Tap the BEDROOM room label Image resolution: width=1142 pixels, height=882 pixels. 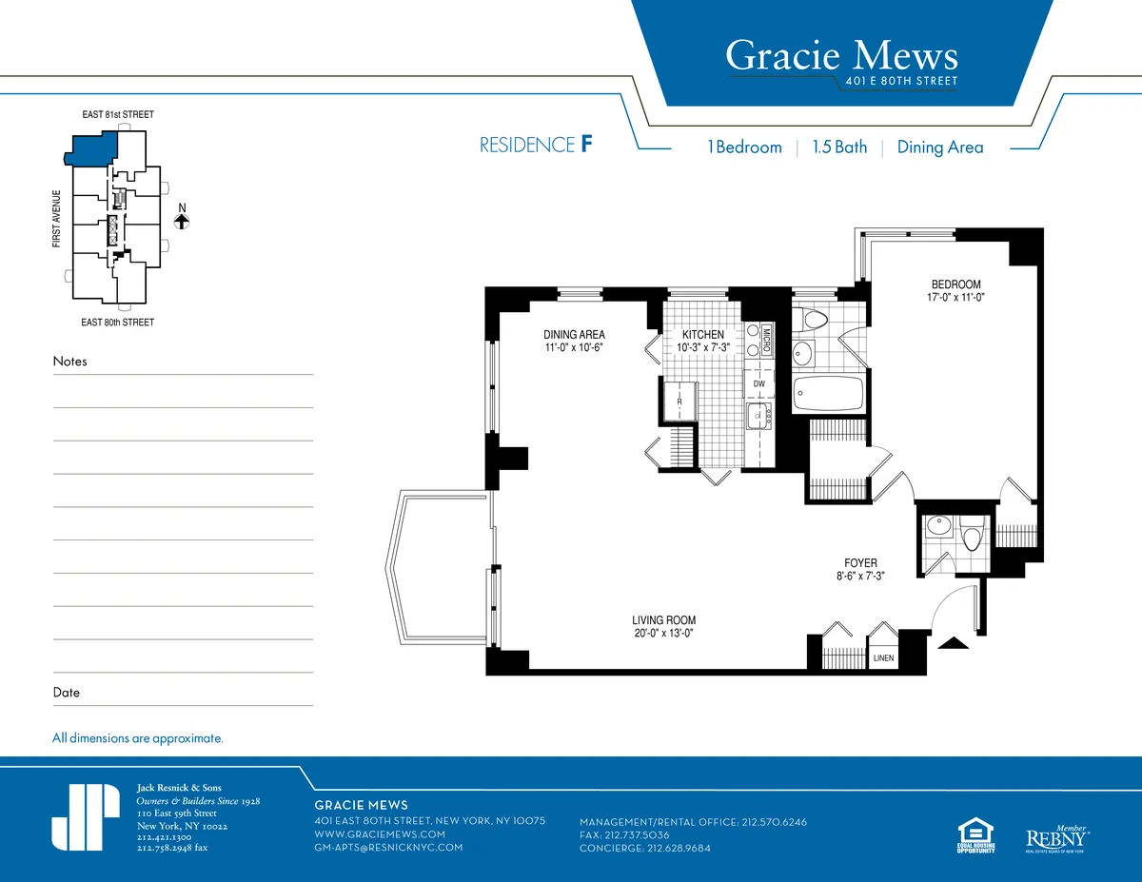pos(955,284)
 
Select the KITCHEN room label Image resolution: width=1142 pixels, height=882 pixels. pos(702,335)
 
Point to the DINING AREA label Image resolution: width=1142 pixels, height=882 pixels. pos(574,335)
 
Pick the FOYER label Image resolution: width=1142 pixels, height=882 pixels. pos(860,563)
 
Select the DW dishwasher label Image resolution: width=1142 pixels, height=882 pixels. pos(758,383)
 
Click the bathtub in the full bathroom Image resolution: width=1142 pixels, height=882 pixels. pos(828,393)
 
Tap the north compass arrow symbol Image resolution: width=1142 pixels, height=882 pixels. pos(182,221)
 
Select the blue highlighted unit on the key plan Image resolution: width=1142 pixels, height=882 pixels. pos(91,148)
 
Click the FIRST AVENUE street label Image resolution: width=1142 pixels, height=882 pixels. pos(57,220)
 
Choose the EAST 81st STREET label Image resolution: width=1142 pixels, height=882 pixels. pos(117,115)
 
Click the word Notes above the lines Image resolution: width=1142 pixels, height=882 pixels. pos(69,362)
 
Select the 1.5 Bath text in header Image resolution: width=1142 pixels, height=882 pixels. pos(839,147)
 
